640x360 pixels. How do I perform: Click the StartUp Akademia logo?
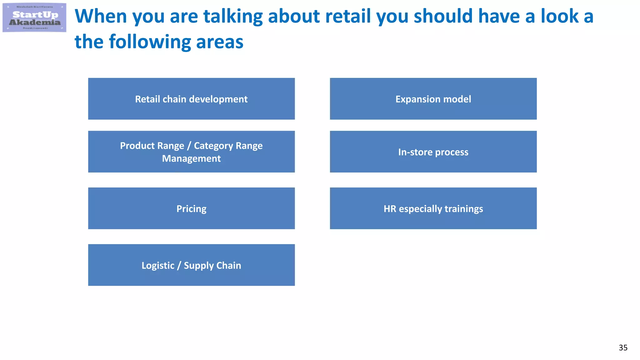click(34, 17)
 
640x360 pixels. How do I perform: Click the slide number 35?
click(623, 347)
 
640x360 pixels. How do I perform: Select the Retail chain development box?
click(191, 99)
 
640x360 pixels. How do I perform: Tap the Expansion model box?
click(433, 99)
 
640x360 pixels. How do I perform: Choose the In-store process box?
click(433, 152)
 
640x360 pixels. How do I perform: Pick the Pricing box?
click(191, 208)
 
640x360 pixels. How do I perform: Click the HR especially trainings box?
click(433, 208)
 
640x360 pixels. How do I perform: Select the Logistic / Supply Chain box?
click(191, 265)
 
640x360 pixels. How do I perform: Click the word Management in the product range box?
click(191, 158)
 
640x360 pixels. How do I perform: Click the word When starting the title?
click(101, 16)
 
